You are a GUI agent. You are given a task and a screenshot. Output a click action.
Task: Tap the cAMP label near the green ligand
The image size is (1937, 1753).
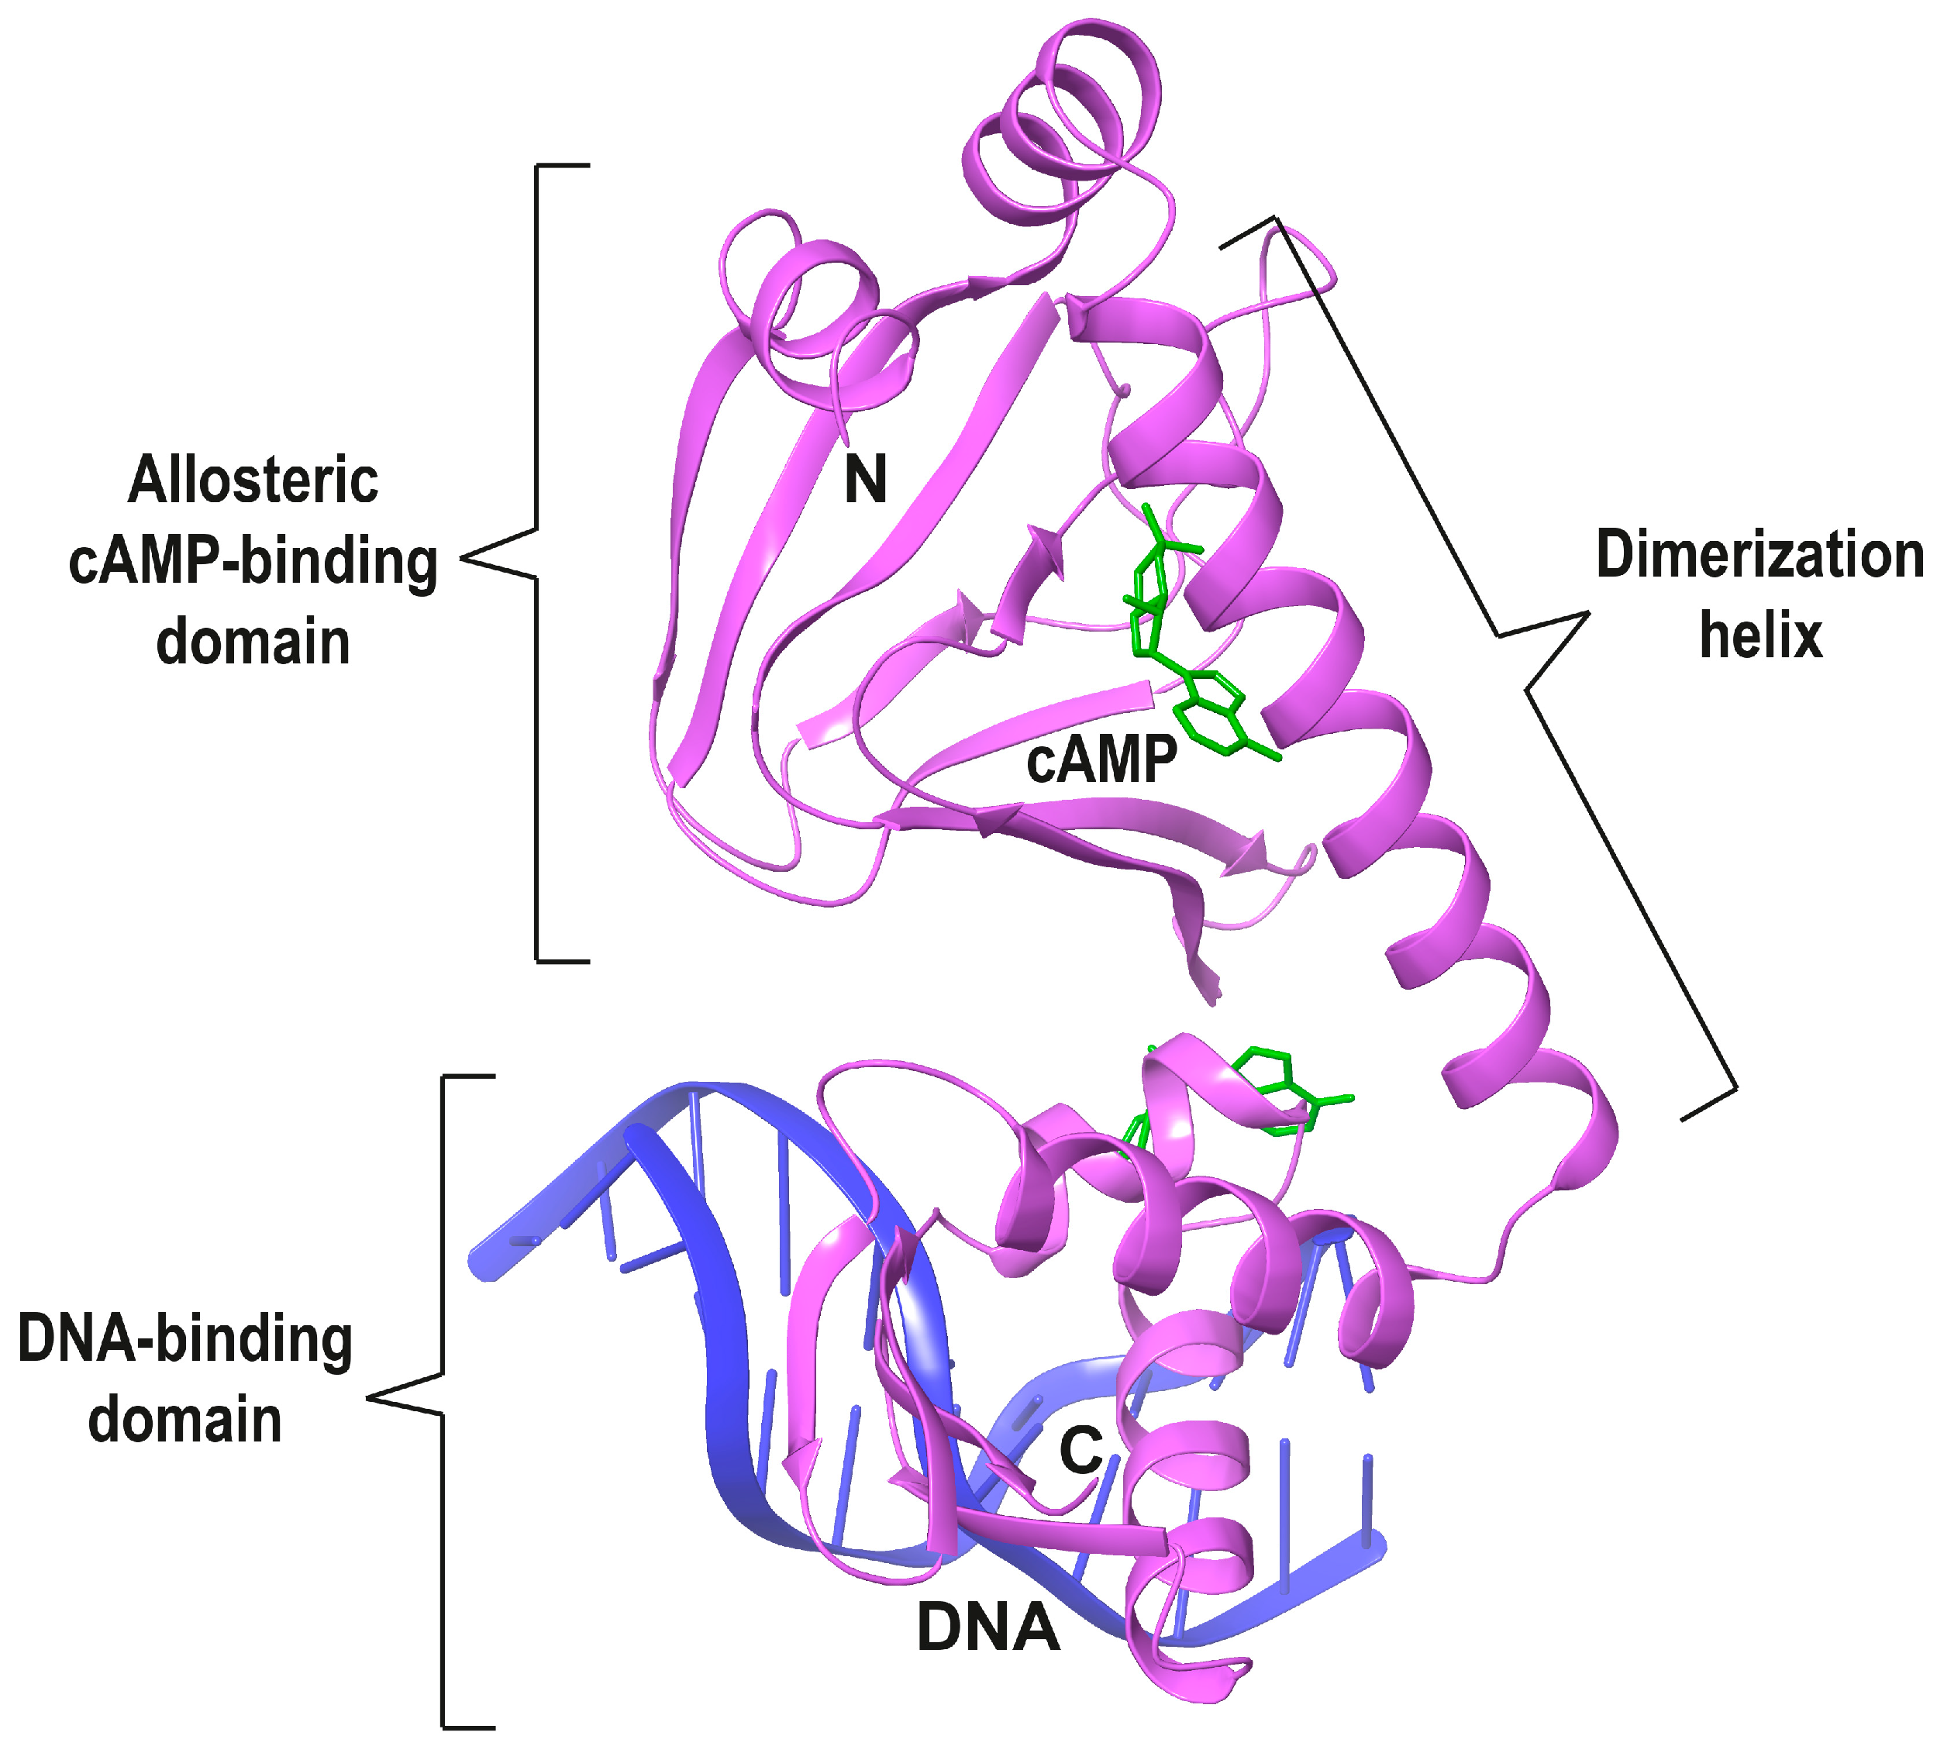coord(1102,761)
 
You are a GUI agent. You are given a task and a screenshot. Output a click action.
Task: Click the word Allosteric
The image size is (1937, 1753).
coord(253,480)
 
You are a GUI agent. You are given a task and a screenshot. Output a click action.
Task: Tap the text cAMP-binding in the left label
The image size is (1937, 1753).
coord(253,563)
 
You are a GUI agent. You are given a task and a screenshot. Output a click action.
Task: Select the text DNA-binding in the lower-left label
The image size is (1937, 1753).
coord(185,1339)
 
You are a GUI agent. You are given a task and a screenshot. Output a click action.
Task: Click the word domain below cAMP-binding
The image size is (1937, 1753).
coord(253,642)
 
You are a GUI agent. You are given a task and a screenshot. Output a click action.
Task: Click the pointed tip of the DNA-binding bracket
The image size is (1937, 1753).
coord(368,1397)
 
